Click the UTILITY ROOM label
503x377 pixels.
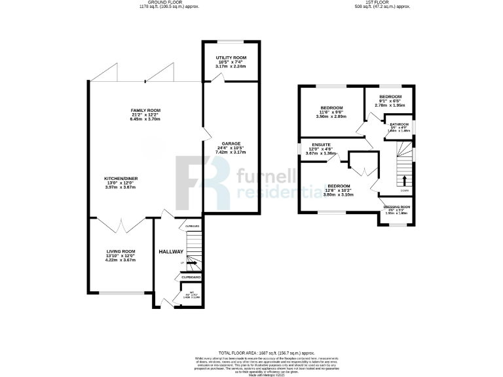tap(230, 58)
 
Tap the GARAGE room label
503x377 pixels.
tap(231, 143)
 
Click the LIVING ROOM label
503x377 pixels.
tap(121, 251)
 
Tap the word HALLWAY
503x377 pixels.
tap(170, 252)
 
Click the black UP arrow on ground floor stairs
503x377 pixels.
tap(192, 263)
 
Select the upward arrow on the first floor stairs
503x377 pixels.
tap(403, 180)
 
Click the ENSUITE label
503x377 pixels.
tap(320, 144)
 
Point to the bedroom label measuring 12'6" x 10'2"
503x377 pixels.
tap(339, 186)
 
